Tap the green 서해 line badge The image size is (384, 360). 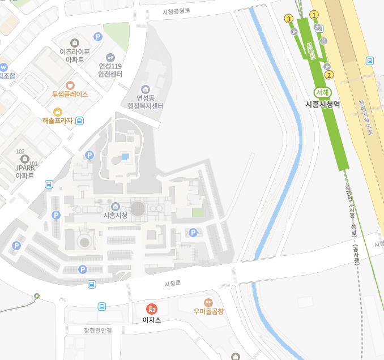(323, 92)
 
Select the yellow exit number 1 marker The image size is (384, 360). (314, 15)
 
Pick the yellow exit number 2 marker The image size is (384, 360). (330, 74)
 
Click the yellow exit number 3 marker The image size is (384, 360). (289, 19)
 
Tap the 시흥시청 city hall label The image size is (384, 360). (116, 215)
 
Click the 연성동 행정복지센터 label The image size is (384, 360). (146, 102)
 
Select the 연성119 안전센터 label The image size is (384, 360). (110, 70)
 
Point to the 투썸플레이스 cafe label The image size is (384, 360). (70, 95)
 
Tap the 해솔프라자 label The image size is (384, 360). (58, 121)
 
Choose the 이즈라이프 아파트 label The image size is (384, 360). (75, 55)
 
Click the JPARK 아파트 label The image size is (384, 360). (25, 172)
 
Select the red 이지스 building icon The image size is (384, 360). (151, 309)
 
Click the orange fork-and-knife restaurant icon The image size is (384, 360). (208, 302)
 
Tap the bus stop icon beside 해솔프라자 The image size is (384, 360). (80, 121)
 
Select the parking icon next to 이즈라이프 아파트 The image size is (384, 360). (98, 37)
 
